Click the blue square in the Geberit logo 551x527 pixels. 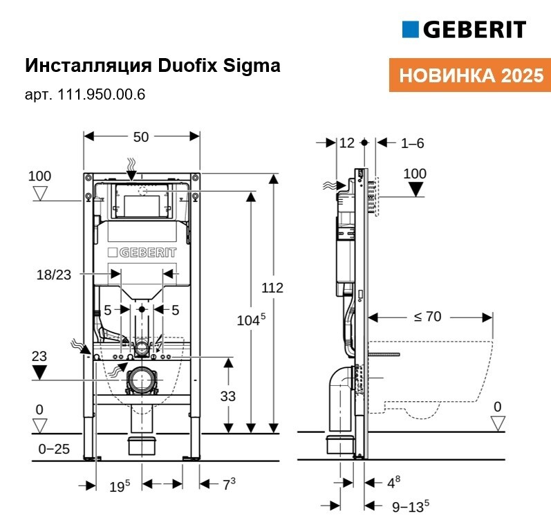pos(410,29)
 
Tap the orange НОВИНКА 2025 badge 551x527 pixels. pos(470,75)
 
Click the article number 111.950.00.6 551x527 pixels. pos(101,95)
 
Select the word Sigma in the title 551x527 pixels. pos(252,66)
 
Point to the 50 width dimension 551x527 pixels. pos(141,137)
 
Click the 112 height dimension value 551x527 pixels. pos(272,288)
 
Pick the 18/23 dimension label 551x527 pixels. pos(54,275)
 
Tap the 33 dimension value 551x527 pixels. pos(227,396)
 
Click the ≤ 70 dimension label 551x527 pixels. pos(427,317)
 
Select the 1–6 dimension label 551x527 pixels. pos(413,143)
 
